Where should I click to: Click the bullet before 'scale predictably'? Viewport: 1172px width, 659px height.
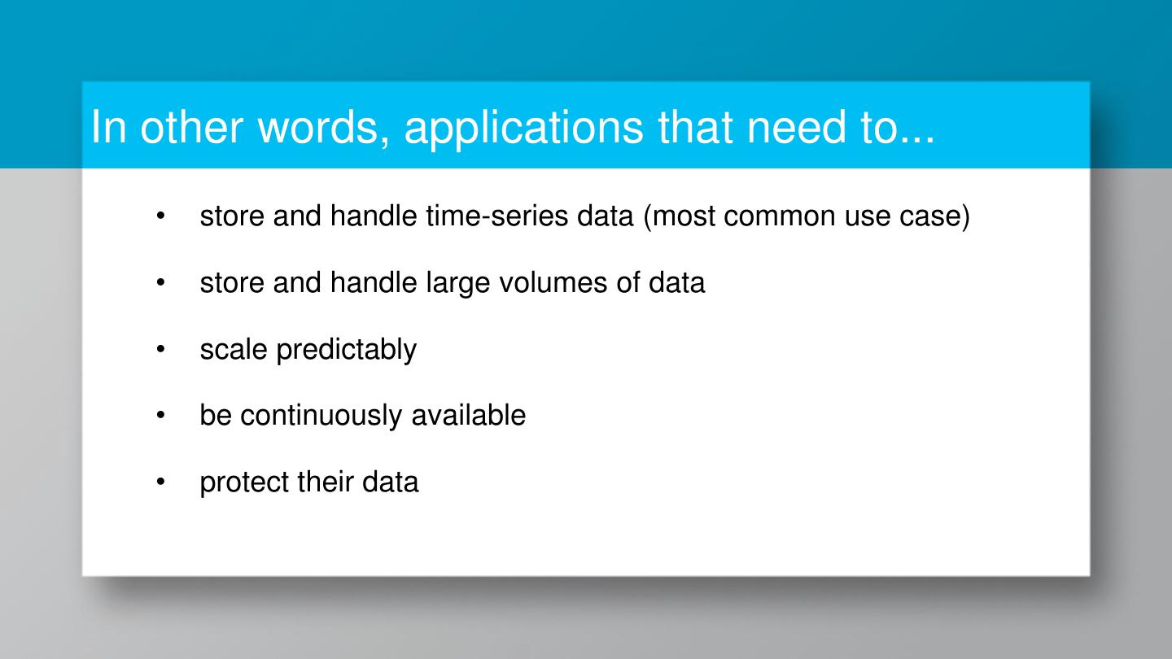coord(161,350)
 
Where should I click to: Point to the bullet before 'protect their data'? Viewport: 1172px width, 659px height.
coord(161,482)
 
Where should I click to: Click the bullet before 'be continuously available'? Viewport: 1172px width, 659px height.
coord(161,416)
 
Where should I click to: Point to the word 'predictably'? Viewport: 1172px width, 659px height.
coord(346,350)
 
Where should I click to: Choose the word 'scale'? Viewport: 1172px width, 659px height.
coord(234,350)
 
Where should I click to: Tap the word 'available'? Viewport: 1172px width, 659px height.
coord(468,416)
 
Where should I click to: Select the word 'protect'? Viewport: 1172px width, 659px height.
coord(244,482)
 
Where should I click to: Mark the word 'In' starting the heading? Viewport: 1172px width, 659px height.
coord(107,127)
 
